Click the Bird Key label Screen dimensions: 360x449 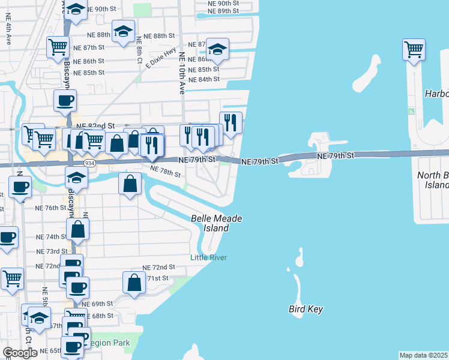[306, 310]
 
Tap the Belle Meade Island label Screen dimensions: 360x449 [216, 223]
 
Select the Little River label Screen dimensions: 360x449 [208, 257]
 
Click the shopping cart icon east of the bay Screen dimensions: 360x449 [414, 50]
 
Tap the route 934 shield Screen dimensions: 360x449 [89, 163]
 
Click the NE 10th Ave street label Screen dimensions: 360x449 [181, 73]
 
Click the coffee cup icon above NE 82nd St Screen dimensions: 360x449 [65, 101]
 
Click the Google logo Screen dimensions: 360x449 [20, 353]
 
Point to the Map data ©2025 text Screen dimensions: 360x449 [424, 355]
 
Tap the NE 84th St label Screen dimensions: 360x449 [203, 79]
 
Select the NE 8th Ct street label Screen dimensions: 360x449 [139, 50]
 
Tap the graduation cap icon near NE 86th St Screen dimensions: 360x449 [217, 50]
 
